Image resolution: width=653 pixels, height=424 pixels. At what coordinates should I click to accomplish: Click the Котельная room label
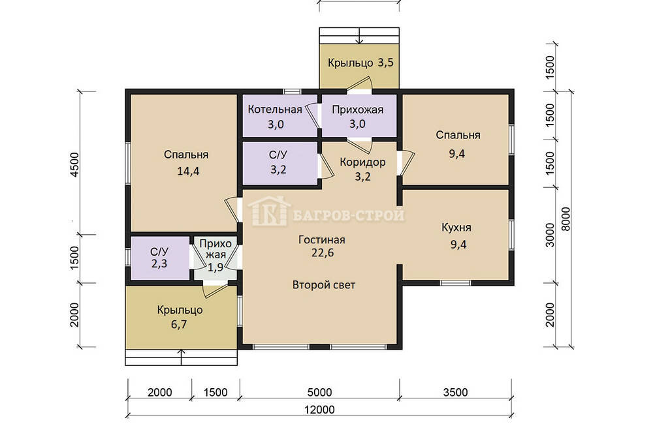point(275,110)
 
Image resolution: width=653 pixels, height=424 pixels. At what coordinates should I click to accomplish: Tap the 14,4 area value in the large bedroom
point(188,171)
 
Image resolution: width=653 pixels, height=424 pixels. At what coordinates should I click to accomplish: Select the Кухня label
point(456,228)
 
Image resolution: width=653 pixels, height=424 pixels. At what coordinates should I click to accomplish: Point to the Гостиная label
point(322,240)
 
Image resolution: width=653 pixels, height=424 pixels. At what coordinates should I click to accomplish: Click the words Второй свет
point(324,285)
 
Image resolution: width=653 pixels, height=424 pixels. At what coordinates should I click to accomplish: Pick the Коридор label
point(362,162)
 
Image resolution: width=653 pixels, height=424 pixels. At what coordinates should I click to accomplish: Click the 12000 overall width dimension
point(319,410)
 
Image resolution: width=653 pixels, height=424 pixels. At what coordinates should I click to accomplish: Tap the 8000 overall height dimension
point(565,219)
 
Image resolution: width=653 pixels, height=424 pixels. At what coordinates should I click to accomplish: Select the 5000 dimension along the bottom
point(319,393)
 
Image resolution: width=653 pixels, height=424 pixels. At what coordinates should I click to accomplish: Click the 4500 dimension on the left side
point(74,165)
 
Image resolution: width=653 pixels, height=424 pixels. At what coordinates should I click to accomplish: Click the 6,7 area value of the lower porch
point(179,325)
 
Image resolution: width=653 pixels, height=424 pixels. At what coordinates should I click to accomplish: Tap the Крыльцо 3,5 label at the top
point(360,63)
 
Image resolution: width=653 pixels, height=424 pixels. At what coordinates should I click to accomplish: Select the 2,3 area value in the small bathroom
point(159,264)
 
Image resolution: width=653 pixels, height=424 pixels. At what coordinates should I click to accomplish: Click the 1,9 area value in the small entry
point(215,267)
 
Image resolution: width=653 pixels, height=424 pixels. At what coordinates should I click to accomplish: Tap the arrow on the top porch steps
point(360,36)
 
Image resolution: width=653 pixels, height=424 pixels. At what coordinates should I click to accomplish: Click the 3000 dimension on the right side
point(550,235)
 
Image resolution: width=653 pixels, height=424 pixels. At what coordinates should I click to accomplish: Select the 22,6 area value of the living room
point(323,253)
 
